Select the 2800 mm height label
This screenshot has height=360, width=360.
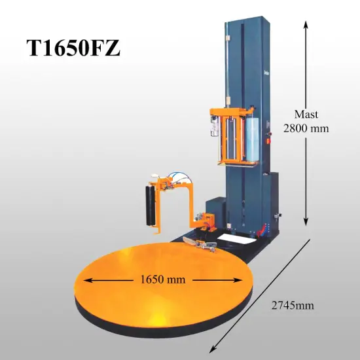point(306,128)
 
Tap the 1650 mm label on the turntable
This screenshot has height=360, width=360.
point(162,279)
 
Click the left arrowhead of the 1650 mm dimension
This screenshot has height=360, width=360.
point(86,279)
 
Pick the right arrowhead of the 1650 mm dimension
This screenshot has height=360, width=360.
point(241,279)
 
